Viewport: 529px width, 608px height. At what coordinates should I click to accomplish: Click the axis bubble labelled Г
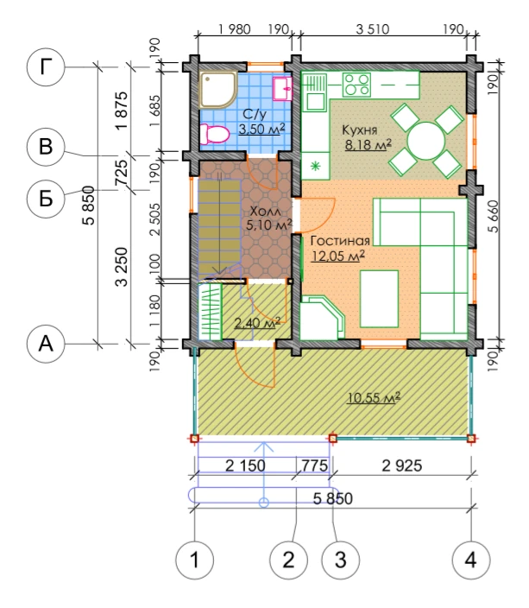coord(46,67)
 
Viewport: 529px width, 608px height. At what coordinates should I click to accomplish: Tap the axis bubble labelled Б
coord(46,199)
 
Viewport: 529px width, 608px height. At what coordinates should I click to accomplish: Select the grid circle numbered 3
coord(341,560)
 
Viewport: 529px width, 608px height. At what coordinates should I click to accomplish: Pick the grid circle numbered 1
coord(194,560)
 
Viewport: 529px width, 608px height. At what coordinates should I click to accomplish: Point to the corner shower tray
coord(217,90)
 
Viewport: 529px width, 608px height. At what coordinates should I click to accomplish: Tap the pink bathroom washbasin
coord(282,89)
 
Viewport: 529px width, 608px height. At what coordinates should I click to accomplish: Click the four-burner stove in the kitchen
coord(356,85)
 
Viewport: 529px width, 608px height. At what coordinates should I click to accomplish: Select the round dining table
coord(426,141)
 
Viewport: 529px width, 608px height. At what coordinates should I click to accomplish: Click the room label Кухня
coord(360,130)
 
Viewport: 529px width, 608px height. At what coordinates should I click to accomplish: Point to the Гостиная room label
coord(340,241)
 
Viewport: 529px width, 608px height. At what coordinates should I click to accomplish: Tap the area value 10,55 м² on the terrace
coord(374,398)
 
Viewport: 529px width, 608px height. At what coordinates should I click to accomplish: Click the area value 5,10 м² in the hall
coord(268,225)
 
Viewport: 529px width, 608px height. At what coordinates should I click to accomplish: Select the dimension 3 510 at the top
coord(373,29)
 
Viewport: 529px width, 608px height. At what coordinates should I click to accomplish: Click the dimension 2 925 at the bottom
coord(402,465)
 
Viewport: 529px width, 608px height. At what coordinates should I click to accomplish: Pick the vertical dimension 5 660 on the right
coord(493,217)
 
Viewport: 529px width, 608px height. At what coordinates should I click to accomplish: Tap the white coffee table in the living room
coord(380,299)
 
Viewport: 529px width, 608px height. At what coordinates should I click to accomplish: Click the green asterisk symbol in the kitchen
coord(316,167)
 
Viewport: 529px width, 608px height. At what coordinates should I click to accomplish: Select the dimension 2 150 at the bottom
coord(245,465)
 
